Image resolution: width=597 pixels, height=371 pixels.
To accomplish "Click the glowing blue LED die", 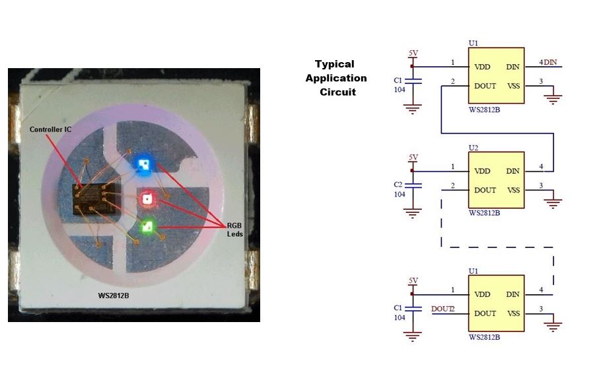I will [x=141, y=164].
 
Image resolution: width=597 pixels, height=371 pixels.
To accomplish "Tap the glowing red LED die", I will [x=147, y=198].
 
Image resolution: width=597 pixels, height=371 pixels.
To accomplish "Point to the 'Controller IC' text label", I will [x=50, y=130].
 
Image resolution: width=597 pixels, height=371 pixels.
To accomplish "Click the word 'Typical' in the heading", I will [x=334, y=64].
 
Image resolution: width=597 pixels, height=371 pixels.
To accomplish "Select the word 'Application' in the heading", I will [x=335, y=78].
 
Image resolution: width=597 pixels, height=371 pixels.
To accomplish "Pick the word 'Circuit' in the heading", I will [x=337, y=92].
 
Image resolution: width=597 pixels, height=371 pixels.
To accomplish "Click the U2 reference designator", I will [x=473, y=147].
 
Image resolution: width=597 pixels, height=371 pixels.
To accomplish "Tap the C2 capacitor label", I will [x=398, y=184].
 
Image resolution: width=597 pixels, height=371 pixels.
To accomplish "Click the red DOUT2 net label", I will [x=443, y=308].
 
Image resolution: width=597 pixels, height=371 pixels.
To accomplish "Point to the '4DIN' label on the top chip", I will [x=548, y=62].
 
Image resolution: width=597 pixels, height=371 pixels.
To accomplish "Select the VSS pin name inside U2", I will [x=513, y=190].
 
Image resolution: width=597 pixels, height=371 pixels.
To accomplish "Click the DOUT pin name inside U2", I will [x=485, y=190].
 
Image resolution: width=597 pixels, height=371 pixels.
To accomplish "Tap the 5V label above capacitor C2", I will [x=413, y=157].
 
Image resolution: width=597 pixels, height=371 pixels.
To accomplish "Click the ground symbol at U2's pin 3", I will [x=553, y=200].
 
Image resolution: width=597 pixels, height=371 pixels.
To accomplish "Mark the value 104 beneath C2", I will [x=398, y=194].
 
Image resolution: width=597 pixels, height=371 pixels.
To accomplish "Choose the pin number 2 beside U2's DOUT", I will [x=453, y=185].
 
